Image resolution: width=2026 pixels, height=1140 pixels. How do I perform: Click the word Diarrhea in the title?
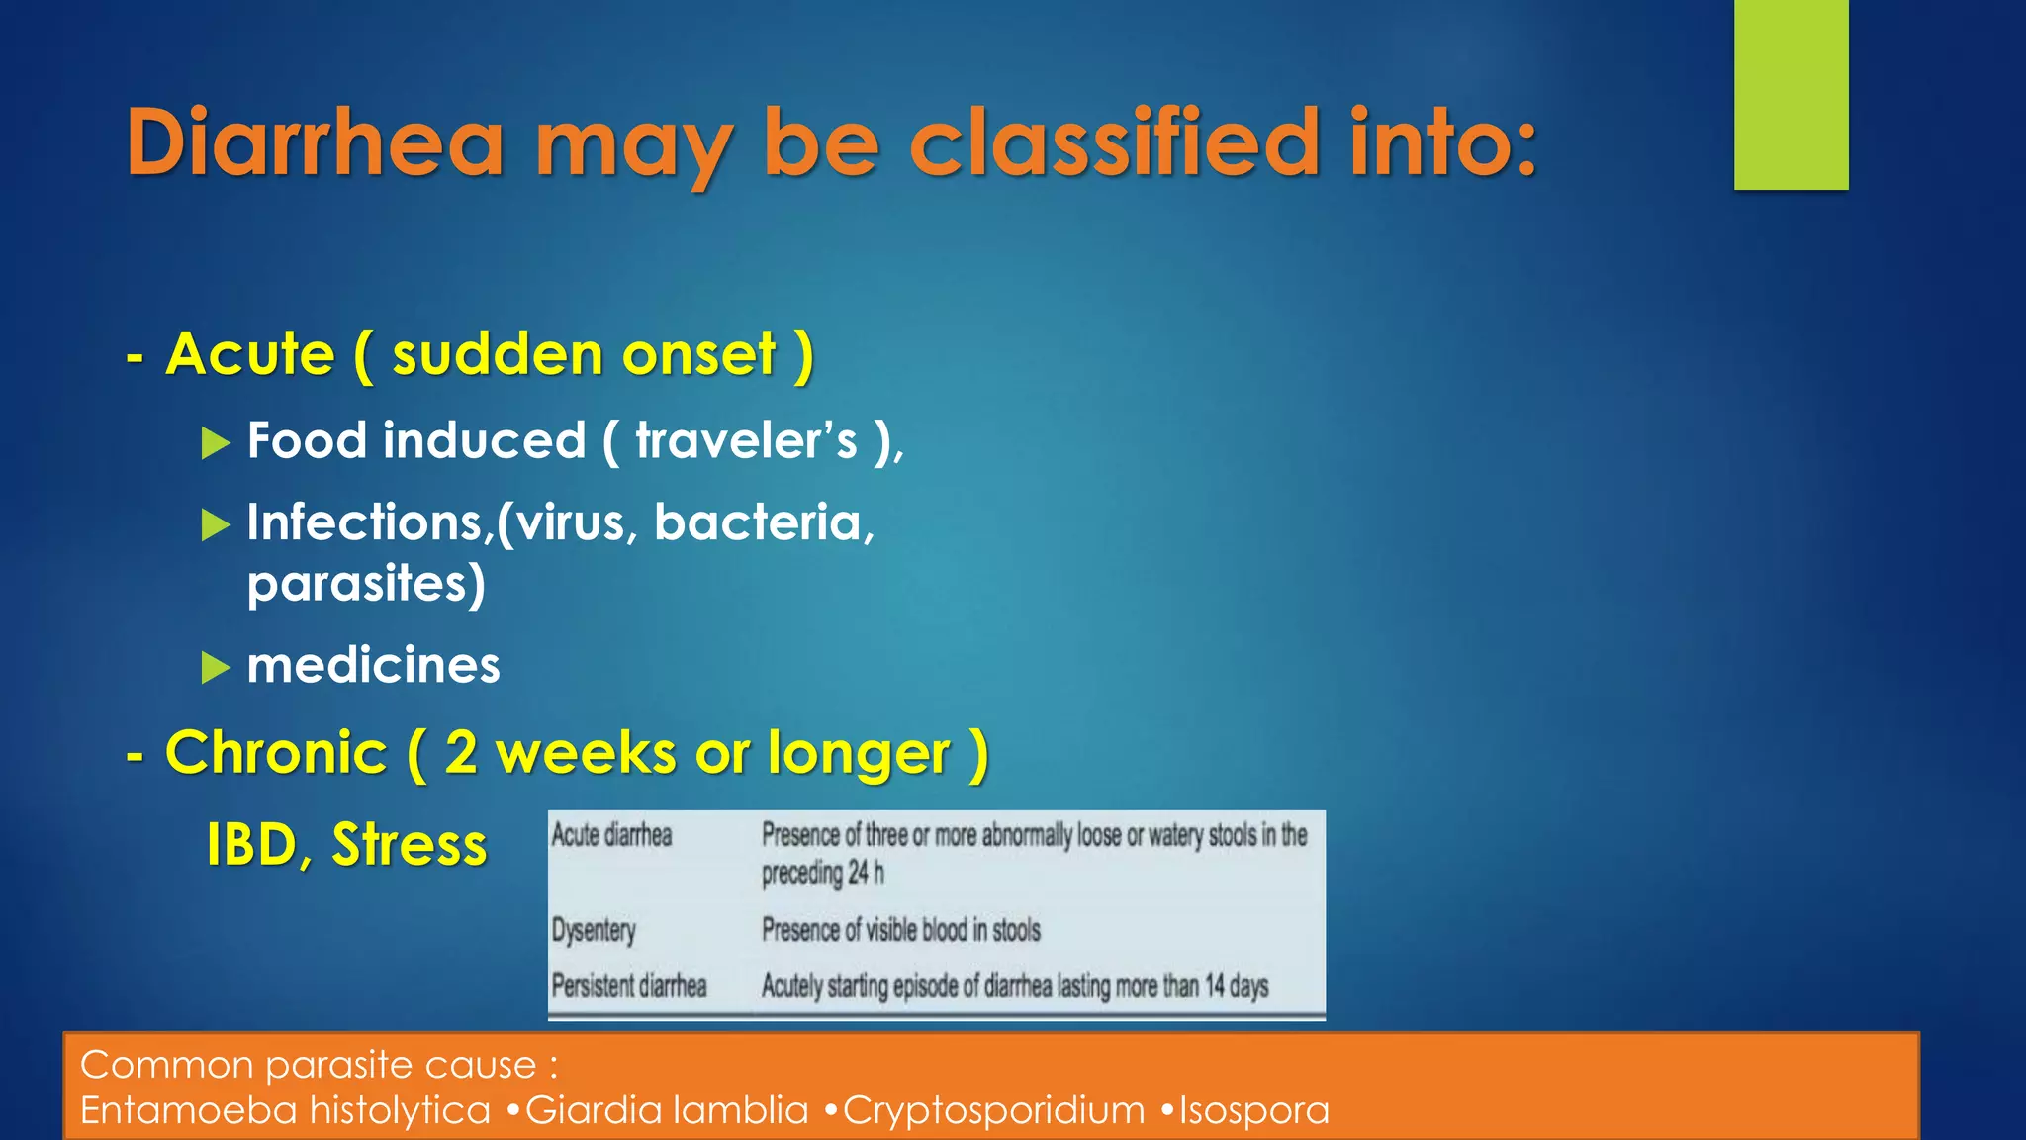315,143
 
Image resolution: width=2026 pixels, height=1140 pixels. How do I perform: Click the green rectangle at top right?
1791,94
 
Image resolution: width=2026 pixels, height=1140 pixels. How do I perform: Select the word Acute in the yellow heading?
250,354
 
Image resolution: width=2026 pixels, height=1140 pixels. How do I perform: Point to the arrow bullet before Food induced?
215,443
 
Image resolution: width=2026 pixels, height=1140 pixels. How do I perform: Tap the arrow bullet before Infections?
215,524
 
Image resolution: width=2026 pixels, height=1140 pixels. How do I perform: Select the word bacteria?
764,522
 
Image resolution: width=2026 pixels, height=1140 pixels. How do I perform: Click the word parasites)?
366,584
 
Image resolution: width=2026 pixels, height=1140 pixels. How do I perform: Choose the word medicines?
373,665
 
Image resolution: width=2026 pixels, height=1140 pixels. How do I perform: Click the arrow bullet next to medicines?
215,668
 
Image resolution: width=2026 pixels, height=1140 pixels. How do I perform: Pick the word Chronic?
276,753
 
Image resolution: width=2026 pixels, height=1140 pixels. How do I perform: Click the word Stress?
409,845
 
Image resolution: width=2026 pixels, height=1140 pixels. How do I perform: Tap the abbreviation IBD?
252,845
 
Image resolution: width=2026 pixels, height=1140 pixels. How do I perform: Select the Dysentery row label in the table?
594,930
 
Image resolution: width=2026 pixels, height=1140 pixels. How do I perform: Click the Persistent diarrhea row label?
629,986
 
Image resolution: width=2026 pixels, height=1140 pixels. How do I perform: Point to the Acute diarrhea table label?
611,835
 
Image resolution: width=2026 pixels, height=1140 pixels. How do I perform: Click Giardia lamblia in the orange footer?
667,1110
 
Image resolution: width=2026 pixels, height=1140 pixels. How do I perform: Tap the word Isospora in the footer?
1253,1110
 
